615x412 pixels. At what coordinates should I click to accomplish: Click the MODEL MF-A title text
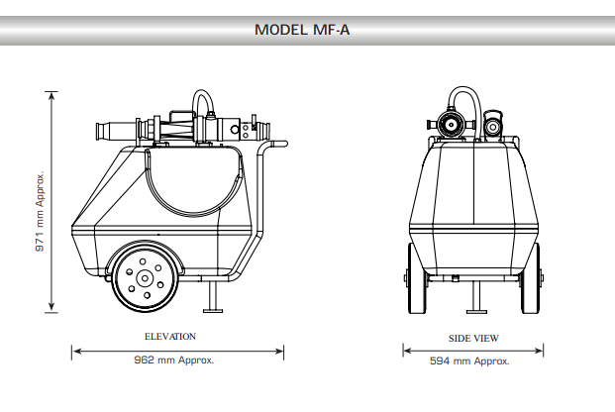coord(302,30)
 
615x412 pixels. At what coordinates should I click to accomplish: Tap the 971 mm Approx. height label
coord(40,211)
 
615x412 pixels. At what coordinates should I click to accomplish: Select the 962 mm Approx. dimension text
coord(173,360)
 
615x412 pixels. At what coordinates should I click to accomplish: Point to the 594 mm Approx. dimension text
coord(469,360)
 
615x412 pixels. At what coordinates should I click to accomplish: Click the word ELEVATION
coord(170,337)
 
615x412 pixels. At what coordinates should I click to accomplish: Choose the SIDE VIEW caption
coord(473,339)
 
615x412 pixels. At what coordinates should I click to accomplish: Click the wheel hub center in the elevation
coord(145,278)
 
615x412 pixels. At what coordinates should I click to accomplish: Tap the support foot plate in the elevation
coord(213,311)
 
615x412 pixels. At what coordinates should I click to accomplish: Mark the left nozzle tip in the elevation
coord(99,131)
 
